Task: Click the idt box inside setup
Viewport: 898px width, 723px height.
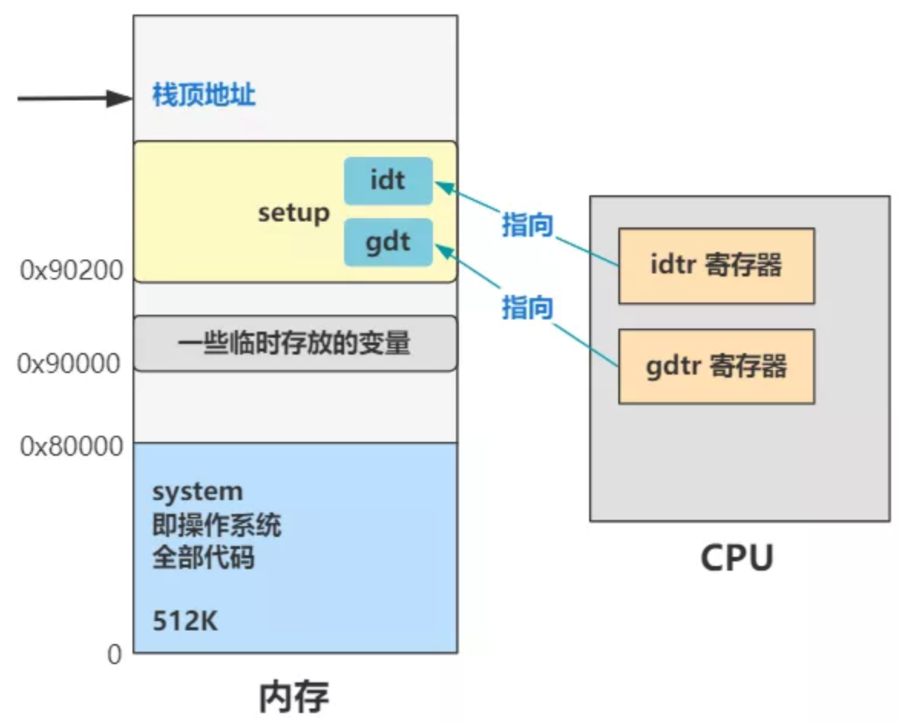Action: tap(388, 181)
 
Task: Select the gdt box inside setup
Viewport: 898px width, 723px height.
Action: tap(388, 242)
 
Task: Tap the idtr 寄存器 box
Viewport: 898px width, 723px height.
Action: tap(716, 266)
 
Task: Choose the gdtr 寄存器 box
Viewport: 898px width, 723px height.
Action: tap(716, 366)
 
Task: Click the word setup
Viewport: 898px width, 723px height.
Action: tap(293, 212)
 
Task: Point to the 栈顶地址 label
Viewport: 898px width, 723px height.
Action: tap(204, 97)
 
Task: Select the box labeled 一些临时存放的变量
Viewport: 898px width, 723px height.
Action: tap(295, 344)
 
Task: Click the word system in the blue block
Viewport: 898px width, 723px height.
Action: tap(198, 491)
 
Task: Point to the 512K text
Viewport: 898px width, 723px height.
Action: tap(185, 620)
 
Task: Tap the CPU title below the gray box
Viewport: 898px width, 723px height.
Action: tap(736, 558)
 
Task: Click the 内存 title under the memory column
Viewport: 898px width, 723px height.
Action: tap(294, 696)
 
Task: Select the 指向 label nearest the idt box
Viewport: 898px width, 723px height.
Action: tap(527, 225)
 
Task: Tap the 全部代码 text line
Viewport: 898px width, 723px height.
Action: tap(203, 558)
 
